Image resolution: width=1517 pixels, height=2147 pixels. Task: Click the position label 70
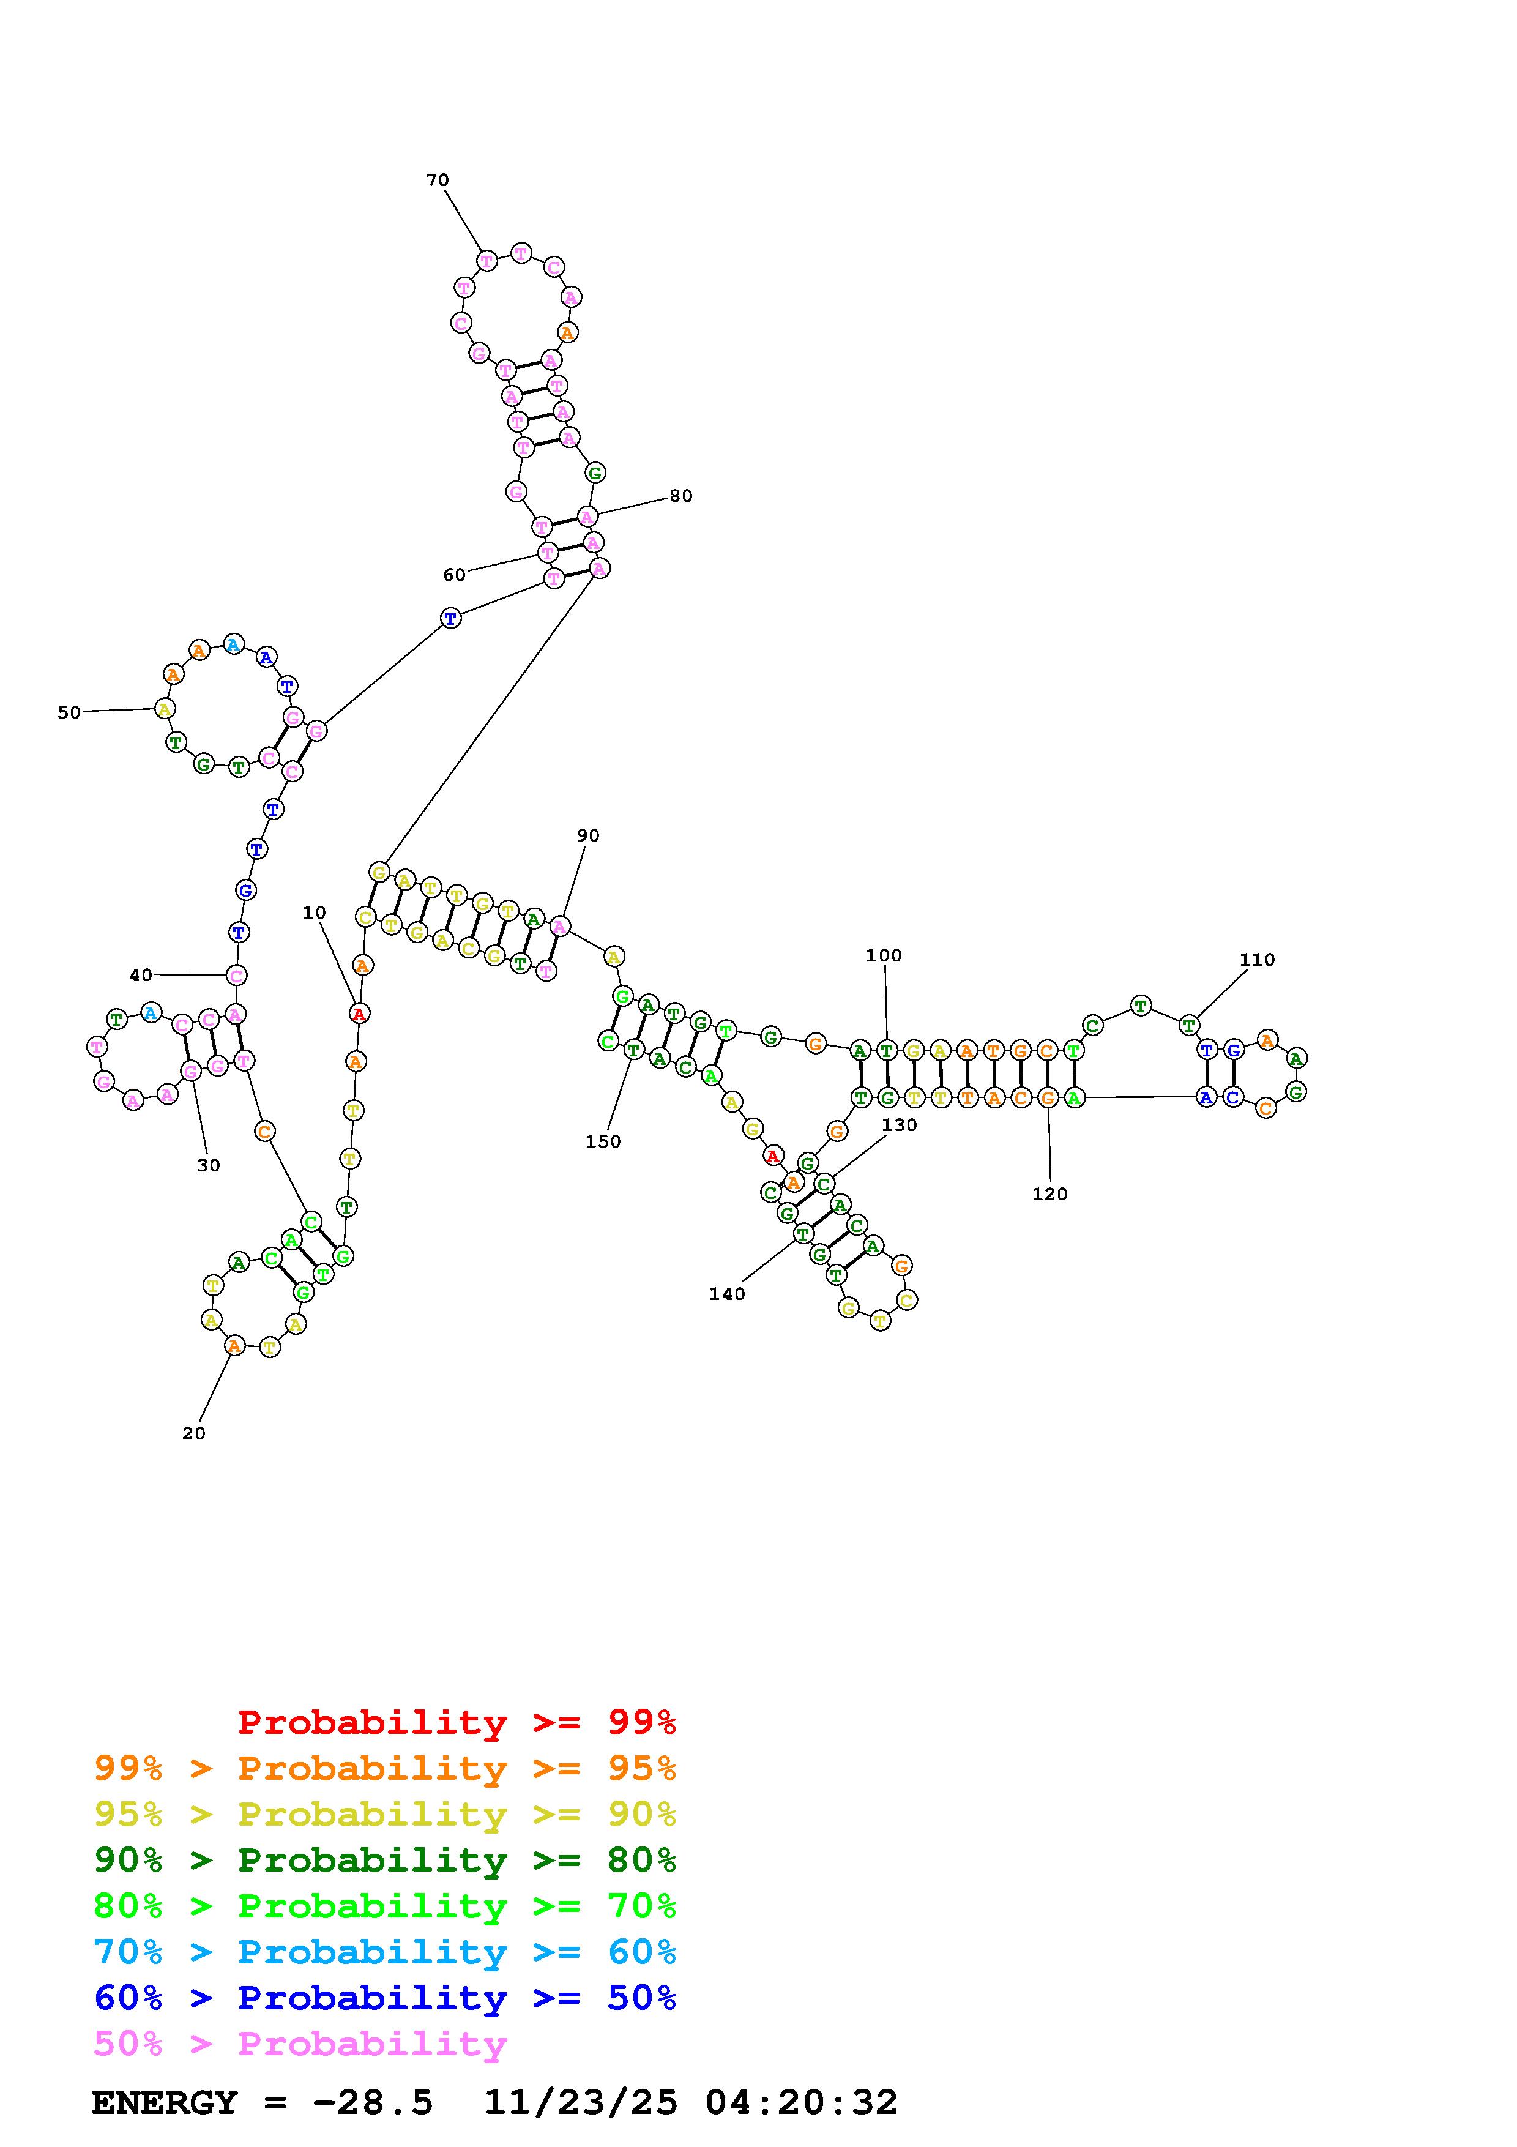[438, 179]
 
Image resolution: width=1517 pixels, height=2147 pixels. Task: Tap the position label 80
[680, 496]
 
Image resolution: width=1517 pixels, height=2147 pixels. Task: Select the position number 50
[69, 712]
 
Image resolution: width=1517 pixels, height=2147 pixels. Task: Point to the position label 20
[193, 1433]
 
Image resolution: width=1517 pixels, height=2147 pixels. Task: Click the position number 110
[1257, 960]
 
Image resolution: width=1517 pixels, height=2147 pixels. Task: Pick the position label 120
[1049, 1194]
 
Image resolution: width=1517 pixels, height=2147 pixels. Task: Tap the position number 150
[603, 1142]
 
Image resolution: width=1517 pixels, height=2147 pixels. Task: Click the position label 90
[588, 835]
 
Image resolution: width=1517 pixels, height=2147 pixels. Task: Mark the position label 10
[314, 913]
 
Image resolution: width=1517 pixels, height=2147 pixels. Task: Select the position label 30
[209, 1165]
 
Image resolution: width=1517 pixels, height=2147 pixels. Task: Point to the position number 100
[883, 955]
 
